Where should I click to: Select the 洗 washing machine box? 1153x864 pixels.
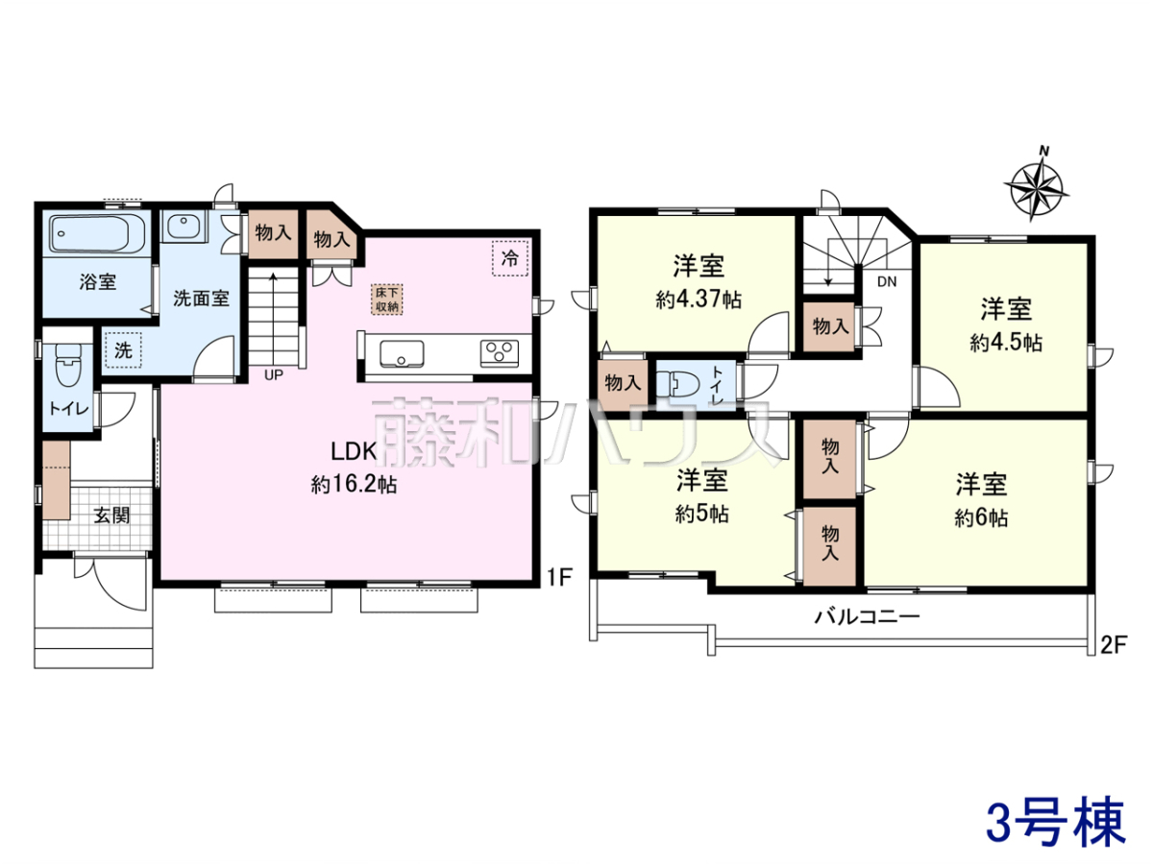pyautogui.click(x=123, y=349)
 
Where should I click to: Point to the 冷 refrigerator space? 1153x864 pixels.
pyautogui.click(x=510, y=258)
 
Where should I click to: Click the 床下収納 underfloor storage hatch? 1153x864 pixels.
pyautogui.click(x=387, y=300)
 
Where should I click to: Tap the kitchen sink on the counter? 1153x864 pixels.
pyautogui.click(x=402, y=353)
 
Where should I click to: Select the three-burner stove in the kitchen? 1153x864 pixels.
pyautogui.click(x=499, y=353)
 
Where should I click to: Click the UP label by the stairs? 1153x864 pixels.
pyautogui.click(x=274, y=375)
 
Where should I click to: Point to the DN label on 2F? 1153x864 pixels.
pyautogui.click(x=887, y=281)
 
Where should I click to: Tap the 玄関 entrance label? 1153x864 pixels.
pyautogui.click(x=111, y=516)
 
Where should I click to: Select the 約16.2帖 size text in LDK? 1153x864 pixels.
pyautogui.click(x=354, y=484)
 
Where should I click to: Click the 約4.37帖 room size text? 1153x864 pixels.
pyautogui.click(x=699, y=300)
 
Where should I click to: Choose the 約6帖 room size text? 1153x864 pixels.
pyautogui.click(x=981, y=517)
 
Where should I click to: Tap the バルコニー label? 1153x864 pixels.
pyautogui.click(x=868, y=616)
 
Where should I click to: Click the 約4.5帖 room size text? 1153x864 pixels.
pyautogui.click(x=1006, y=343)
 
